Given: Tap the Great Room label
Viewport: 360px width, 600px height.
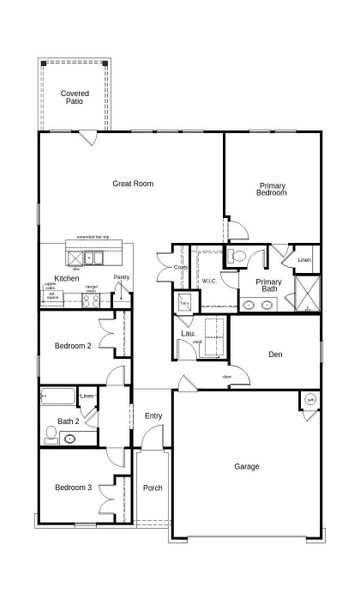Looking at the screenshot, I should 132,184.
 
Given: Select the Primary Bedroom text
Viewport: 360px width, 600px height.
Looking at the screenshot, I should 272,189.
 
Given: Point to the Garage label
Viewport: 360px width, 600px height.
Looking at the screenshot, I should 247,466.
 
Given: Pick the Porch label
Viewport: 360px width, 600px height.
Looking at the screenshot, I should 153,488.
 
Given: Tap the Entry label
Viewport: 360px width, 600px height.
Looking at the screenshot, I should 153,416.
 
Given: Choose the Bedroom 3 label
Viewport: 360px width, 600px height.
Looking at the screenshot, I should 73,487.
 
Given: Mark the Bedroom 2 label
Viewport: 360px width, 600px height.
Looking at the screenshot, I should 73,346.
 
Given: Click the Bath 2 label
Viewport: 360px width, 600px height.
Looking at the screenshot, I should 68,421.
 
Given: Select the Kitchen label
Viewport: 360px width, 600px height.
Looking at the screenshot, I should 66,278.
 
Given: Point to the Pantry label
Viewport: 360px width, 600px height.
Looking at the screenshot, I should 121,277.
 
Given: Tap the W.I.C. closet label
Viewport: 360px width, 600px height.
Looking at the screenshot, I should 209,281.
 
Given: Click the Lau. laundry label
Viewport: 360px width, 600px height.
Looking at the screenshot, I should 187,334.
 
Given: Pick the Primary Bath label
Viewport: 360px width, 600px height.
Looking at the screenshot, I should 268,286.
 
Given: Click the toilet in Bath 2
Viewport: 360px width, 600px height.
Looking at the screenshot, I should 50,434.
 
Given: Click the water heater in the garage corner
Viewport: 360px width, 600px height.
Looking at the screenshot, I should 310,400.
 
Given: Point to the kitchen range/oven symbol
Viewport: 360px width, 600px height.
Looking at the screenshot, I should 93,297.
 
